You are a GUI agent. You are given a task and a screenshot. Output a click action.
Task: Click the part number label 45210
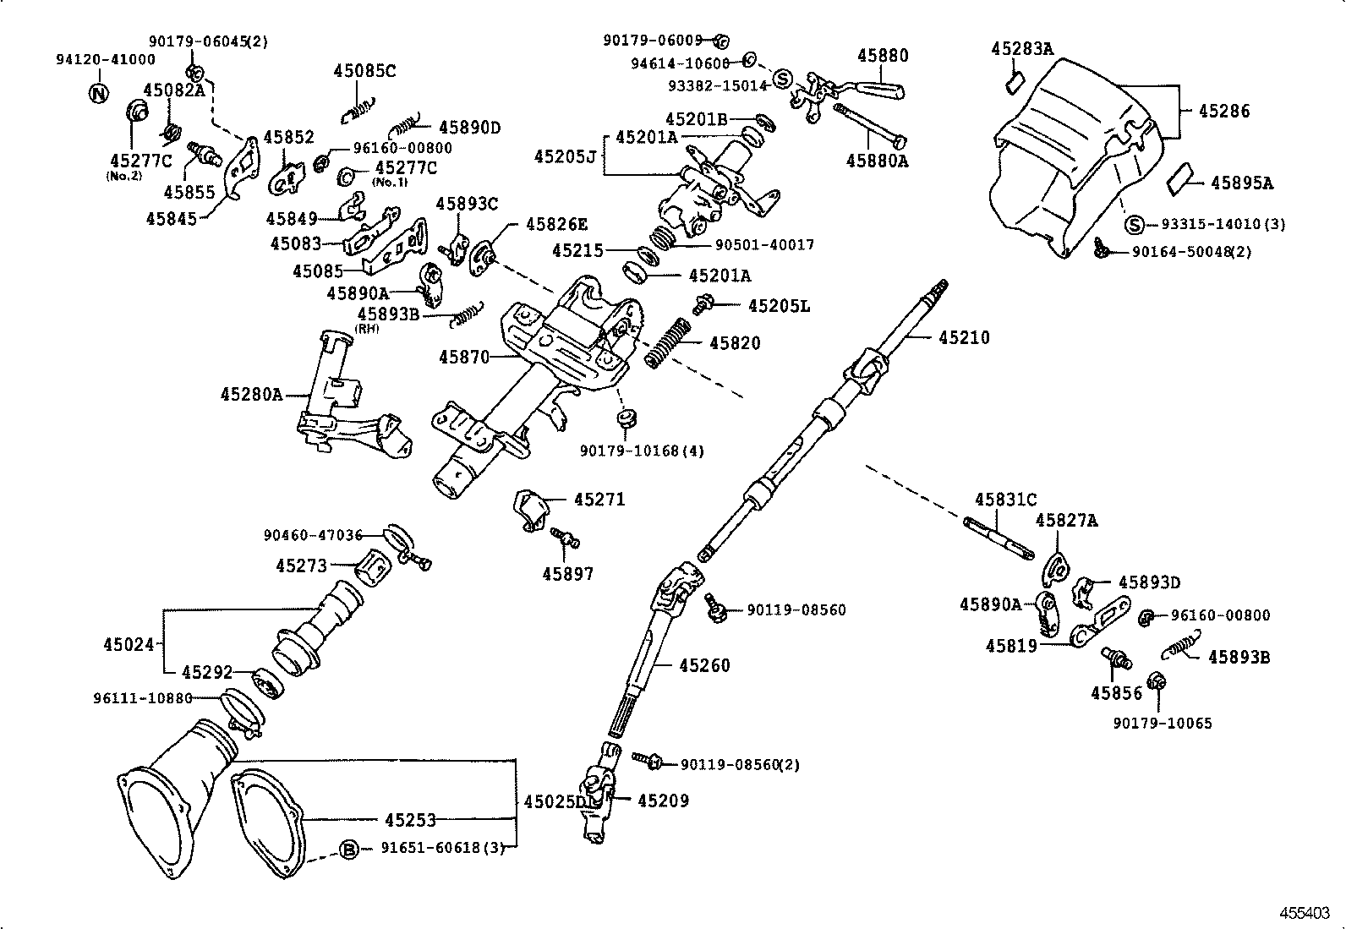pyautogui.click(x=964, y=337)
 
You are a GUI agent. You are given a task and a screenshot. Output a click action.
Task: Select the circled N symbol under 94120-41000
pyautogui.click(x=99, y=93)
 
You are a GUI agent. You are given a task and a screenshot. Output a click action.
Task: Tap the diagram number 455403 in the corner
pyautogui.click(x=1304, y=914)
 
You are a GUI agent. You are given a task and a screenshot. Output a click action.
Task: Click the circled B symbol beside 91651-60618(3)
pyautogui.click(x=349, y=849)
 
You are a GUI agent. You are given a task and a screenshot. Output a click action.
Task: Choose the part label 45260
pyautogui.click(x=704, y=665)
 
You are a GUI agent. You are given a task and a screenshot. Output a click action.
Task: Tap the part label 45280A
pyautogui.click(x=251, y=394)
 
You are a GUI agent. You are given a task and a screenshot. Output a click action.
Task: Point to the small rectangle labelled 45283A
pyautogui.click(x=1015, y=82)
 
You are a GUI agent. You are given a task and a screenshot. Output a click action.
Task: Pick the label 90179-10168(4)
pyautogui.click(x=642, y=451)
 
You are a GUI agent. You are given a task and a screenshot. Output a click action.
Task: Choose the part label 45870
pyautogui.click(x=463, y=358)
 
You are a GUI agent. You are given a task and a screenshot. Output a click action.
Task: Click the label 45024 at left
pyautogui.click(x=129, y=645)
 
